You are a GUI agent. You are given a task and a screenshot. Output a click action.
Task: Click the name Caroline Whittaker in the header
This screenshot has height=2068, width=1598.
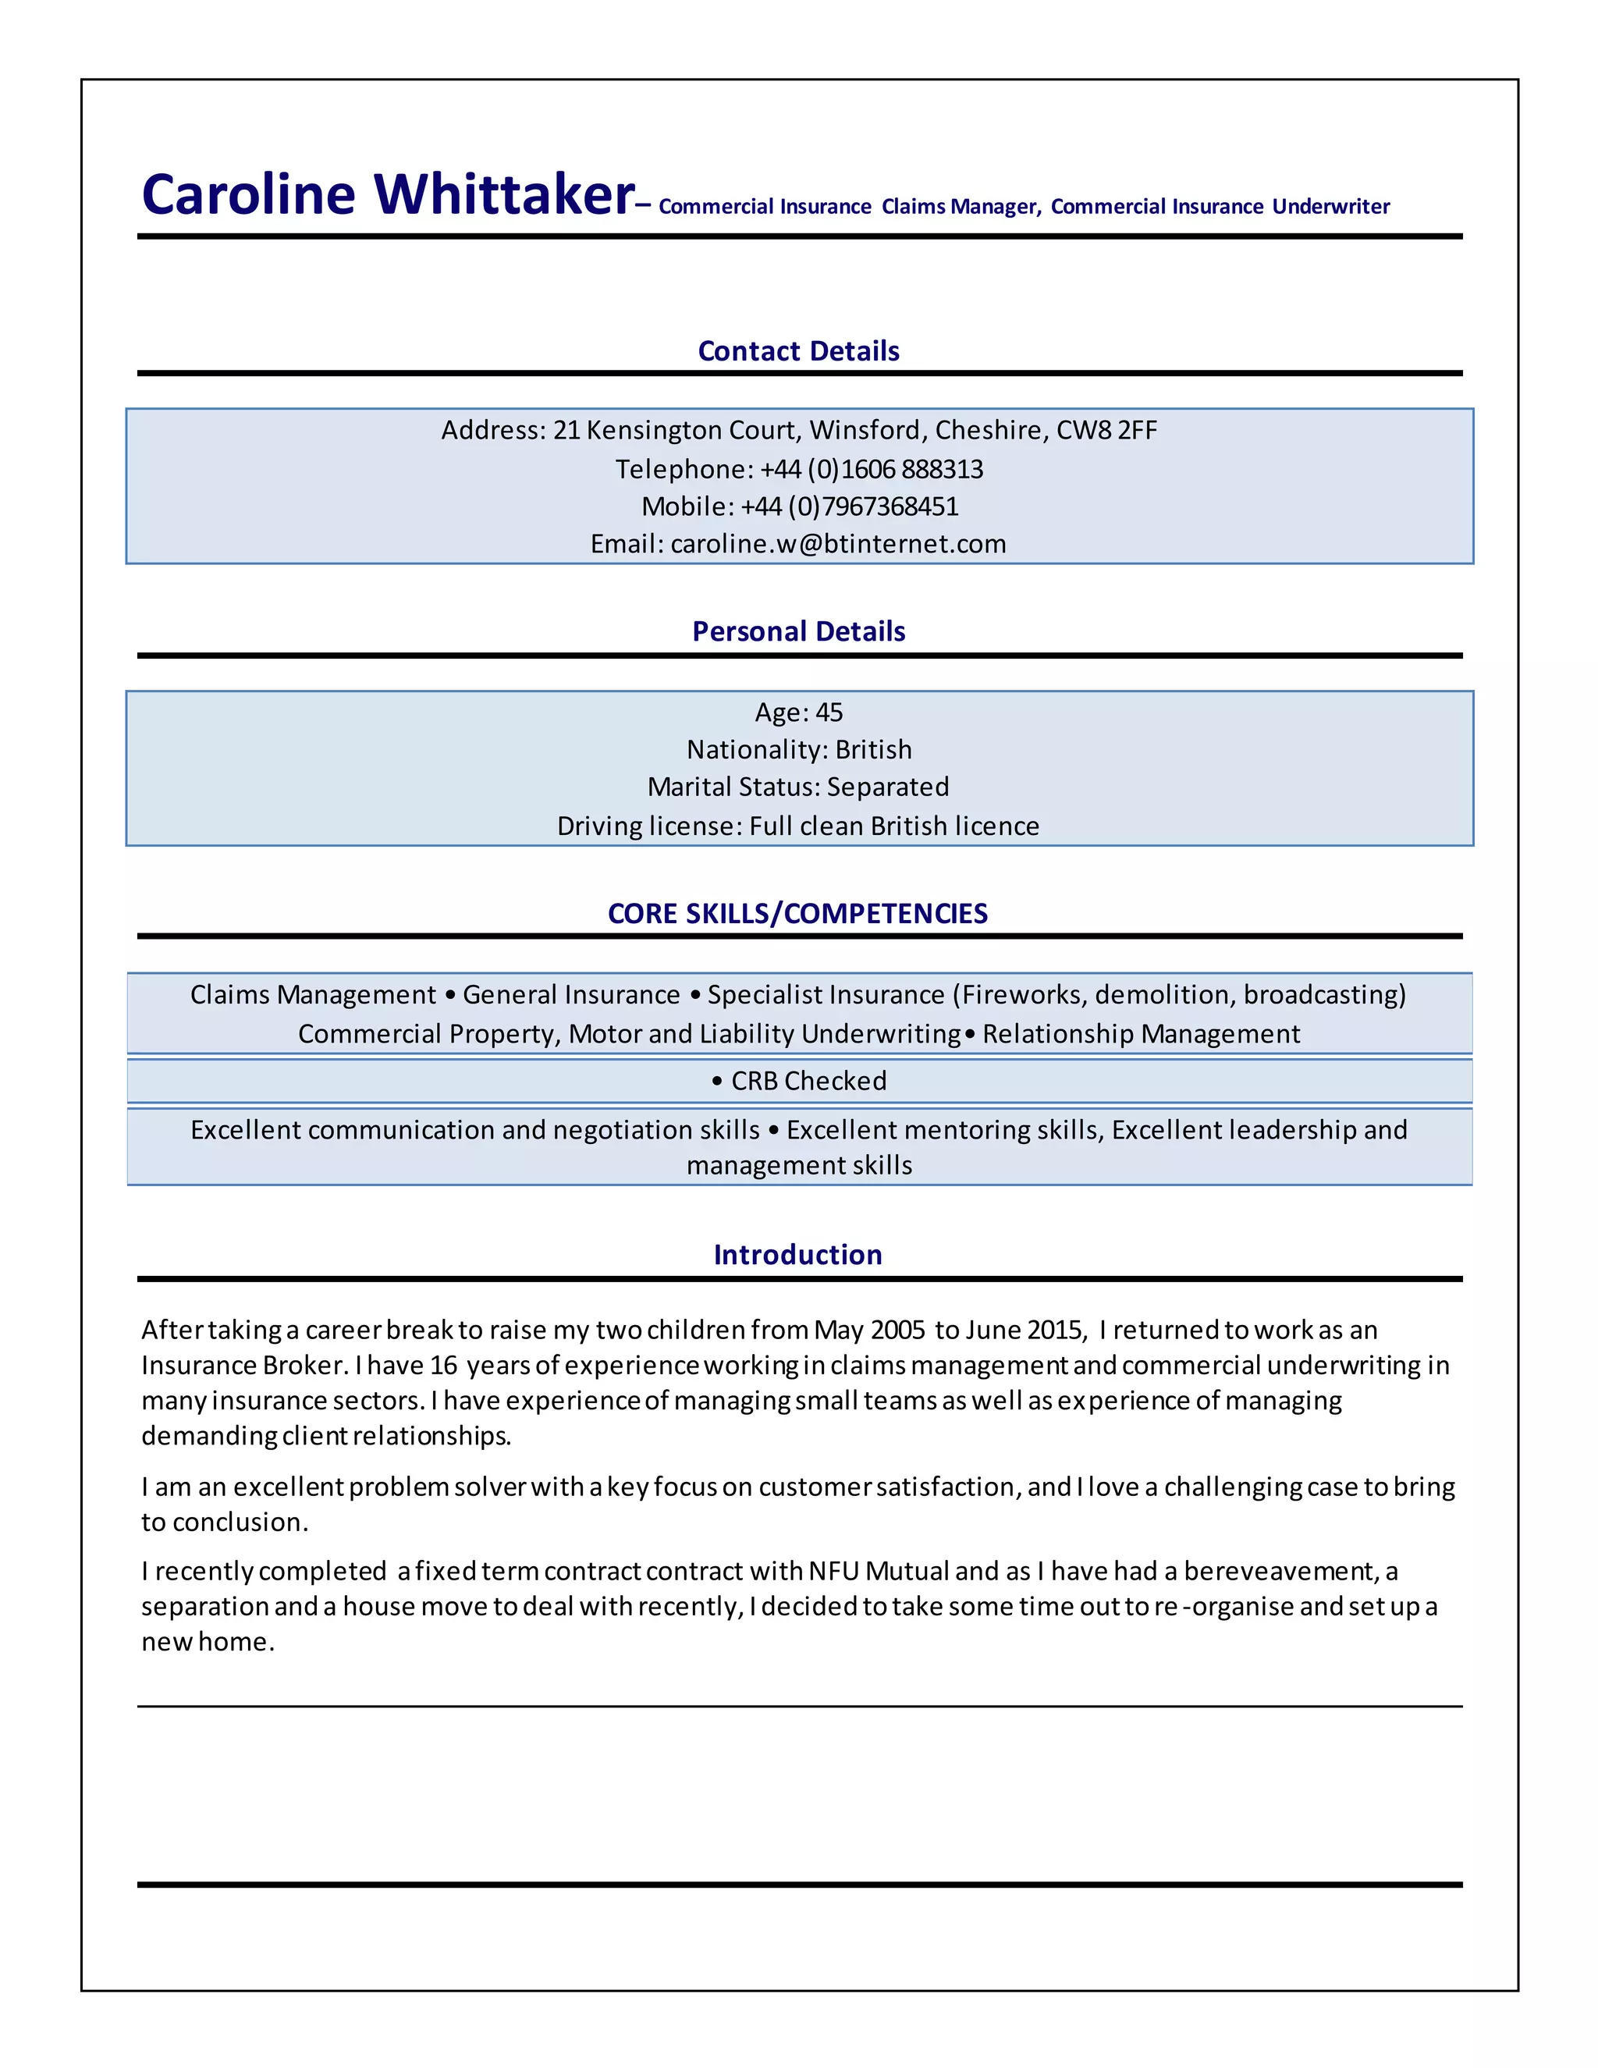[387, 195]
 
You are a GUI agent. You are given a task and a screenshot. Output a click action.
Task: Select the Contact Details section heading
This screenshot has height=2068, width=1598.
[798, 351]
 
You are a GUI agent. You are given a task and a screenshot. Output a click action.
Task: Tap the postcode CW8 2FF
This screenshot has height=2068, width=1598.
[1106, 431]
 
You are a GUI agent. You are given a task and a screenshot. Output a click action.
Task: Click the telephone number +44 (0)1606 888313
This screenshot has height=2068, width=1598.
[871, 470]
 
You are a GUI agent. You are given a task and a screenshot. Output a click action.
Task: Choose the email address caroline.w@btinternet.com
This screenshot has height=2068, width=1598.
[838, 545]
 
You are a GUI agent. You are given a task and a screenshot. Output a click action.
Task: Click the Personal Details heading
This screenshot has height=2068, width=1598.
[798, 631]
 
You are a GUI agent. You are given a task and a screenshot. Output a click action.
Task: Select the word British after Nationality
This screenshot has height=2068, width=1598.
[873, 750]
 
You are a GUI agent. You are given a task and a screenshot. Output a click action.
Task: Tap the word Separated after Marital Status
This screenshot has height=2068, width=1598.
[887, 787]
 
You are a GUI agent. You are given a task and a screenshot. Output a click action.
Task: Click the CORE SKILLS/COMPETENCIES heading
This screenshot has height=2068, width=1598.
[797, 914]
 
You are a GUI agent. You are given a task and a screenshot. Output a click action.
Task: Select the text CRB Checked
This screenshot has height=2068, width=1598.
[808, 1082]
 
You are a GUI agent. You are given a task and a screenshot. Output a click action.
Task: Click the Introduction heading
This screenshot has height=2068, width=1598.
[797, 1256]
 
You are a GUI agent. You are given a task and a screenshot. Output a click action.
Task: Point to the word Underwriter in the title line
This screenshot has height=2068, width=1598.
[1330, 208]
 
